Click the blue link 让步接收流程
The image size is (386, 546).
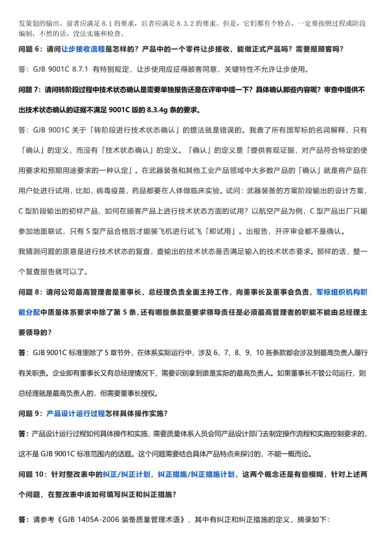(83, 49)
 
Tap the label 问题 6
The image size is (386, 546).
(30, 49)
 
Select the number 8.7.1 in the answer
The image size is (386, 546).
(80, 69)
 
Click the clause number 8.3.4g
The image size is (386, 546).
(157, 110)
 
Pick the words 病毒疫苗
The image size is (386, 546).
(111, 191)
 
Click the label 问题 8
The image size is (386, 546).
(30, 292)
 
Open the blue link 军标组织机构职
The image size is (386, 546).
(341, 292)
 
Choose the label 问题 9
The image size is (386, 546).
(30, 414)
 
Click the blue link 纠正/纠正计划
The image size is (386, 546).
(127, 474)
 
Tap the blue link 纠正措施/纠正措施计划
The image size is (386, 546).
(196, 474)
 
